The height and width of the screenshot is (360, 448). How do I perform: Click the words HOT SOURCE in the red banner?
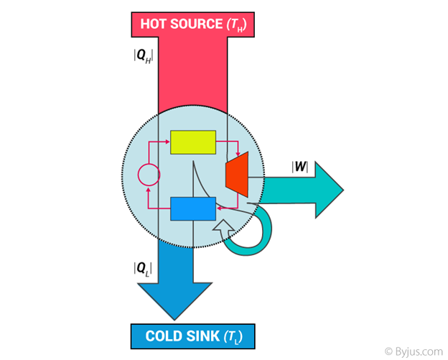(181, 24)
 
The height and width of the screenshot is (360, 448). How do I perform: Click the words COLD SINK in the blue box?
(183, 336)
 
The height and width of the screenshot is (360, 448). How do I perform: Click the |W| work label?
(299, 167)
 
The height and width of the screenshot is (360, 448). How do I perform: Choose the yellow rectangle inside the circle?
(192, 142)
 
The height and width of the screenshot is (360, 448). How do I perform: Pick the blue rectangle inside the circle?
(192, 208)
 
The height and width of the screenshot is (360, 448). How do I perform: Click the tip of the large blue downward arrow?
(174, 316)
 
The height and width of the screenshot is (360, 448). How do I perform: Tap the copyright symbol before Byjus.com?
(388, 351)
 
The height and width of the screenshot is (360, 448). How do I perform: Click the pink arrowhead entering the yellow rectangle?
(167, 142)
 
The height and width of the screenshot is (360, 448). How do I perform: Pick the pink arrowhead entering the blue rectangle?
(219, 208)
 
